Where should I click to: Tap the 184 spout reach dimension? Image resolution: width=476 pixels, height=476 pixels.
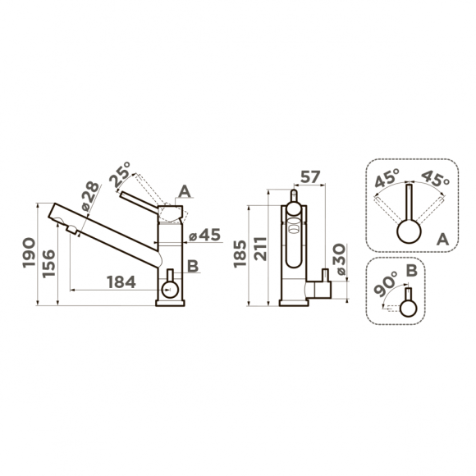coord(121,281)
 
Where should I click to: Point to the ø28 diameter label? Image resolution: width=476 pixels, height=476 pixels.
coord(88,196)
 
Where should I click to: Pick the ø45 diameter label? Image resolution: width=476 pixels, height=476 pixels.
coord(204,235)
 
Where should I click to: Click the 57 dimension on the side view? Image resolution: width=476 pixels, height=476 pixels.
coord(310,176)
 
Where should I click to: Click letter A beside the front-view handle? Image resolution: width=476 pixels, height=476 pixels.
coord(185,191)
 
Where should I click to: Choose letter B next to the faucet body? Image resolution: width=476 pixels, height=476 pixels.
coord(191,265)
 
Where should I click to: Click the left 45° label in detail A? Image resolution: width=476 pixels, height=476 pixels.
coord(387,178)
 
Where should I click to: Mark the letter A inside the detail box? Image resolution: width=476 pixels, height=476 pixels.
coord(442,238)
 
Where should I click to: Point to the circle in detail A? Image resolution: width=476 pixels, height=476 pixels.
coord(408,231)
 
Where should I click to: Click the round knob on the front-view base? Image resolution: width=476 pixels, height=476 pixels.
coord(171,288)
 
